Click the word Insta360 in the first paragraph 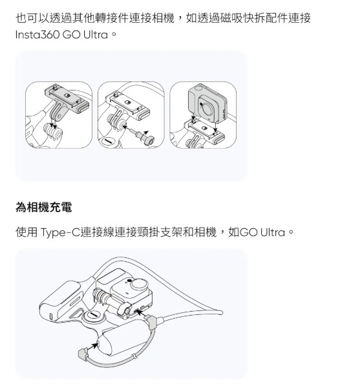pyautogui.click(x=37, y=35)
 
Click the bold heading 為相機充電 pyautogui.click(x=44, y=207)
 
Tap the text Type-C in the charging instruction pyautogui.click(x=59, y=233)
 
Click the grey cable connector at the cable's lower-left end pyautogui.click(x=83, y=354)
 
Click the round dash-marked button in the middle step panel pyautogui.click(x=107, y=141)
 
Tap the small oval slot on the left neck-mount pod pyautogui.click(x=51, y=316)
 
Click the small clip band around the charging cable pyautogui.click(x=134, y=356)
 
